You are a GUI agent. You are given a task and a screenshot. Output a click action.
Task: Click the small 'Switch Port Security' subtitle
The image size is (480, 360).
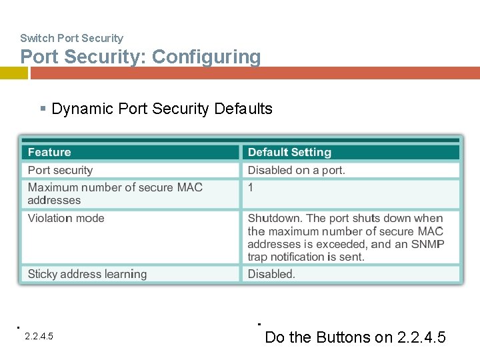click(x=71, y=39)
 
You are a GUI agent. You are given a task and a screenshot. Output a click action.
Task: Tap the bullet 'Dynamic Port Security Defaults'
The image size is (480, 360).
click(x=161, y=109)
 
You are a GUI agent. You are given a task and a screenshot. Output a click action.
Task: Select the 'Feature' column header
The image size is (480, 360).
click(x=49, y=153)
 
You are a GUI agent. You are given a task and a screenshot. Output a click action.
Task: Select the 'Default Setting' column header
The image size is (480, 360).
click(x=289, y=153)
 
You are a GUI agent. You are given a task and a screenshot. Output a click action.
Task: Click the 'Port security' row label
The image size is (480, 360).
click(x=60, y=171)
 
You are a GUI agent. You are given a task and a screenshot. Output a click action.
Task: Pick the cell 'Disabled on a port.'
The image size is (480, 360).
click(x=297, y=171)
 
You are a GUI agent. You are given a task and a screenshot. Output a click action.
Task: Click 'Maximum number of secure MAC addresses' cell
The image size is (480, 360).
click(x=115, y=194)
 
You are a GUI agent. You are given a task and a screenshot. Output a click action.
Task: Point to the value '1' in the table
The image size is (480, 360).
click(x=251, y=188)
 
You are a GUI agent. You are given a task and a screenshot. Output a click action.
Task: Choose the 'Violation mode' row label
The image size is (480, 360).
click(x=66, y=219)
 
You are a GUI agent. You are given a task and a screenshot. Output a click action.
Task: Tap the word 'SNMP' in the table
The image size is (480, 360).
click(x=428, y=244)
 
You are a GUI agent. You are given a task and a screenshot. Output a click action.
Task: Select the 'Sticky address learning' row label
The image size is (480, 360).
click(x=87, y=274)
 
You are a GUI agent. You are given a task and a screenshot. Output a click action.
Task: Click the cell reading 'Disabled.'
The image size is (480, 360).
click(x=271, y=274)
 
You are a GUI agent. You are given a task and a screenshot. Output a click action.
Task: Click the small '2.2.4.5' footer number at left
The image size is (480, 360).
click(x=39, y=337)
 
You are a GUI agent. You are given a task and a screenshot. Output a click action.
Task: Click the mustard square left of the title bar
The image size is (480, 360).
click(x=13, y=73)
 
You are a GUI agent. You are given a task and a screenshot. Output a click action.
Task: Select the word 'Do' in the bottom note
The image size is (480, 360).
click(x=274, y=337)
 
